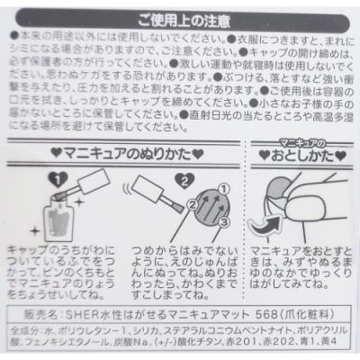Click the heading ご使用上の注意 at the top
180,19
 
